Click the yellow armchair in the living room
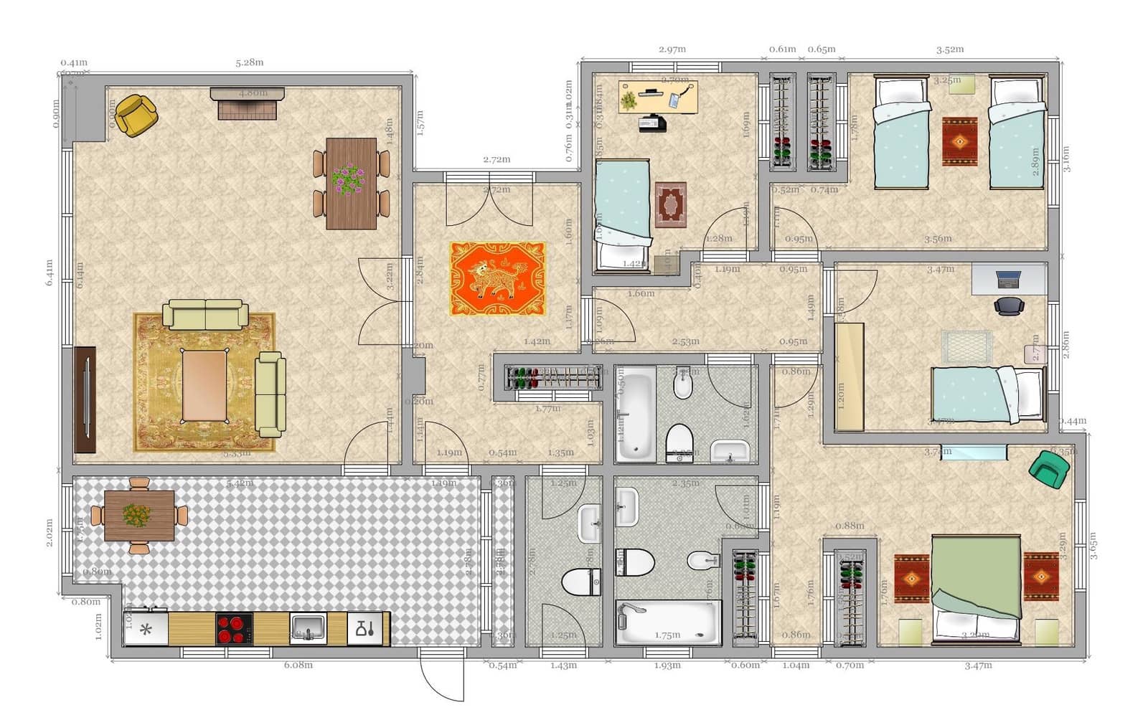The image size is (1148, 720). (136, 115)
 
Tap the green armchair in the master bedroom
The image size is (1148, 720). (1048, 469)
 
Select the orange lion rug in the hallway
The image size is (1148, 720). (497, 278)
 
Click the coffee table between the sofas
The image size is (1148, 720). (204, 385)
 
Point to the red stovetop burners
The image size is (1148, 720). (234, 629)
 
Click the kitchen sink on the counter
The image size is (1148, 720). (308, 629)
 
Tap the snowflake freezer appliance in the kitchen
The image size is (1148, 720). (146, 630)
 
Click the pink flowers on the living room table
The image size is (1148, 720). (348, 179)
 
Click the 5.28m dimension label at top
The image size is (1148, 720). (249, 62)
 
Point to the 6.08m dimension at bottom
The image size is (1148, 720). (298, 665)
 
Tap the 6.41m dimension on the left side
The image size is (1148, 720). (49, 273)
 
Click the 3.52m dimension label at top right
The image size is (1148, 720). (949, 49)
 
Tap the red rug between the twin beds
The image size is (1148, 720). (959, 142)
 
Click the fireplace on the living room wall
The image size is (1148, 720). (247, 104)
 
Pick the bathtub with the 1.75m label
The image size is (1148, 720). (667, 622)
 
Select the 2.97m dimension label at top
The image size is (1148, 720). (672, 49)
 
